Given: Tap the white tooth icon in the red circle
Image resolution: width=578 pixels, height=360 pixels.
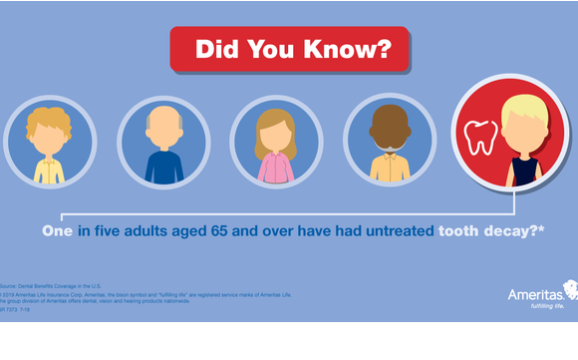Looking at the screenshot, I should coord(480,137).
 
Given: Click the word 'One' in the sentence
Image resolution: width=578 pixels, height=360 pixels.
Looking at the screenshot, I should coord(58,231).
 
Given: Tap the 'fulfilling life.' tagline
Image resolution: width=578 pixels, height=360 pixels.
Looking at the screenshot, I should coord(542,308).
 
